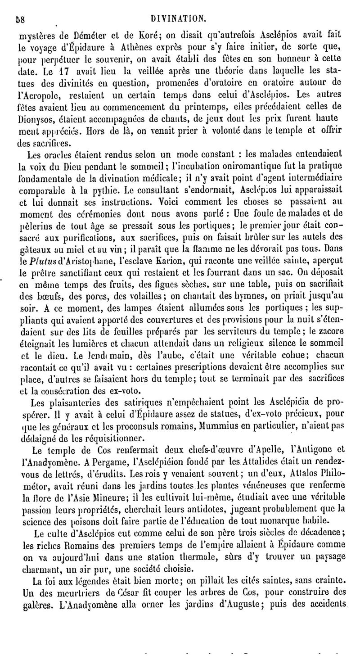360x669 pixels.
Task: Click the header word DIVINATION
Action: [x=179, y=18]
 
